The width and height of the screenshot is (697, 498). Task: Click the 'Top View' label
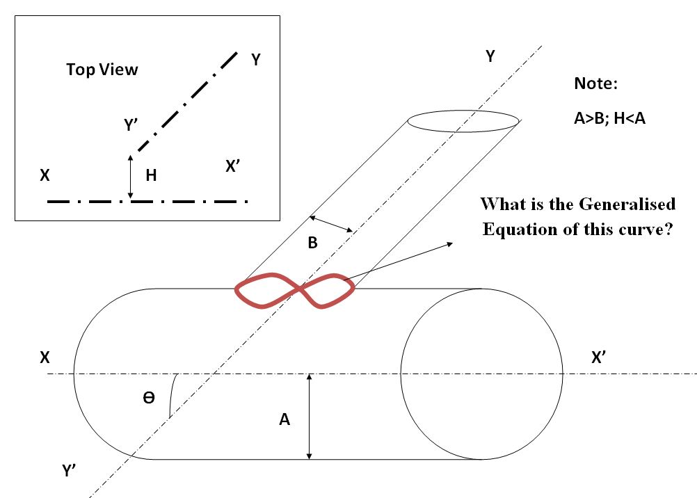[102, 70]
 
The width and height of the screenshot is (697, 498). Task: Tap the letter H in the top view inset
[151, 175]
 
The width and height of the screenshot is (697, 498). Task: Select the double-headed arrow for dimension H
[130, 177]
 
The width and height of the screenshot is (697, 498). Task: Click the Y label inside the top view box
[255, 59]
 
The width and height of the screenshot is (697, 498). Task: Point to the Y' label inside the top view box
[131, 125]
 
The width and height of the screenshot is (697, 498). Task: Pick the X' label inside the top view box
[233, 166]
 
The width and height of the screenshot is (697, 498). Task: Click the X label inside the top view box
[45, 175]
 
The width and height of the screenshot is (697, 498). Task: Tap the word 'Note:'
[595, 83]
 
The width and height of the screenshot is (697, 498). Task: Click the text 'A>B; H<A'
[609, 118]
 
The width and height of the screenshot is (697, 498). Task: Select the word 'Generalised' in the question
[627, 204]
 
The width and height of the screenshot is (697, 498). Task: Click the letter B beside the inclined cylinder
[312, 243]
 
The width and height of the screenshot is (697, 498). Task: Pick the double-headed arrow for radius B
[331, 224]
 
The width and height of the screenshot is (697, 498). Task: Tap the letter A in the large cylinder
[285, 419]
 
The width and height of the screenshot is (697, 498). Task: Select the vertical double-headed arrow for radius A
[310, 417]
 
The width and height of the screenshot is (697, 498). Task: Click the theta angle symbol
[149, 397]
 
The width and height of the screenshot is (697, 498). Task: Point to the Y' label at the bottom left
[70, 470]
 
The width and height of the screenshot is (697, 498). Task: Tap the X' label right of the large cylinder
[599, 357]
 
